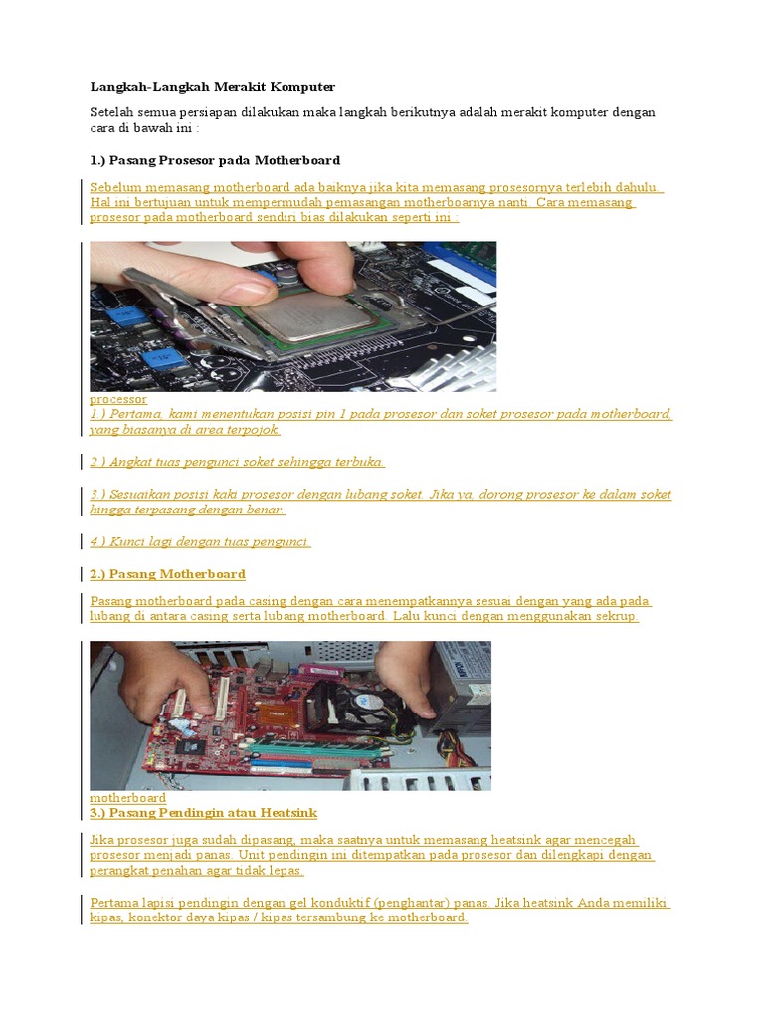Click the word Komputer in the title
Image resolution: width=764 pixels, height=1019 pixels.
pyautogui.click(x=303, y=87)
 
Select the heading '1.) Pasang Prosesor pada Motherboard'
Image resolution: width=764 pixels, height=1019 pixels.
pyautogui.click(x=215, y=160)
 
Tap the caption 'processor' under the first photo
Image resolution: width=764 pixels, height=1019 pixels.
pyautogui.click(x=118, y=399)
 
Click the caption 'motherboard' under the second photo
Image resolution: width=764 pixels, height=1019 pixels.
pyautogui.click(x=127, y=798)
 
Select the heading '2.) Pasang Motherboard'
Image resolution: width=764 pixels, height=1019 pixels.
pyautogui.click(x=167, y=574)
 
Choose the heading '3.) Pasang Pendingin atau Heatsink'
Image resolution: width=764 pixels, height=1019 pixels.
pyautogui.click(x=203, y=813)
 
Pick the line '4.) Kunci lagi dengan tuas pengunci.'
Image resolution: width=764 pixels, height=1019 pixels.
pyautogui.click(x=200, y=542)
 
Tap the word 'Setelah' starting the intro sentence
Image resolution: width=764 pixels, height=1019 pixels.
pyautogui.click(x=111, y=112)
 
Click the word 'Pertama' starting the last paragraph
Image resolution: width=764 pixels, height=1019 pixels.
pyautogui.click(x=113, y=903)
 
